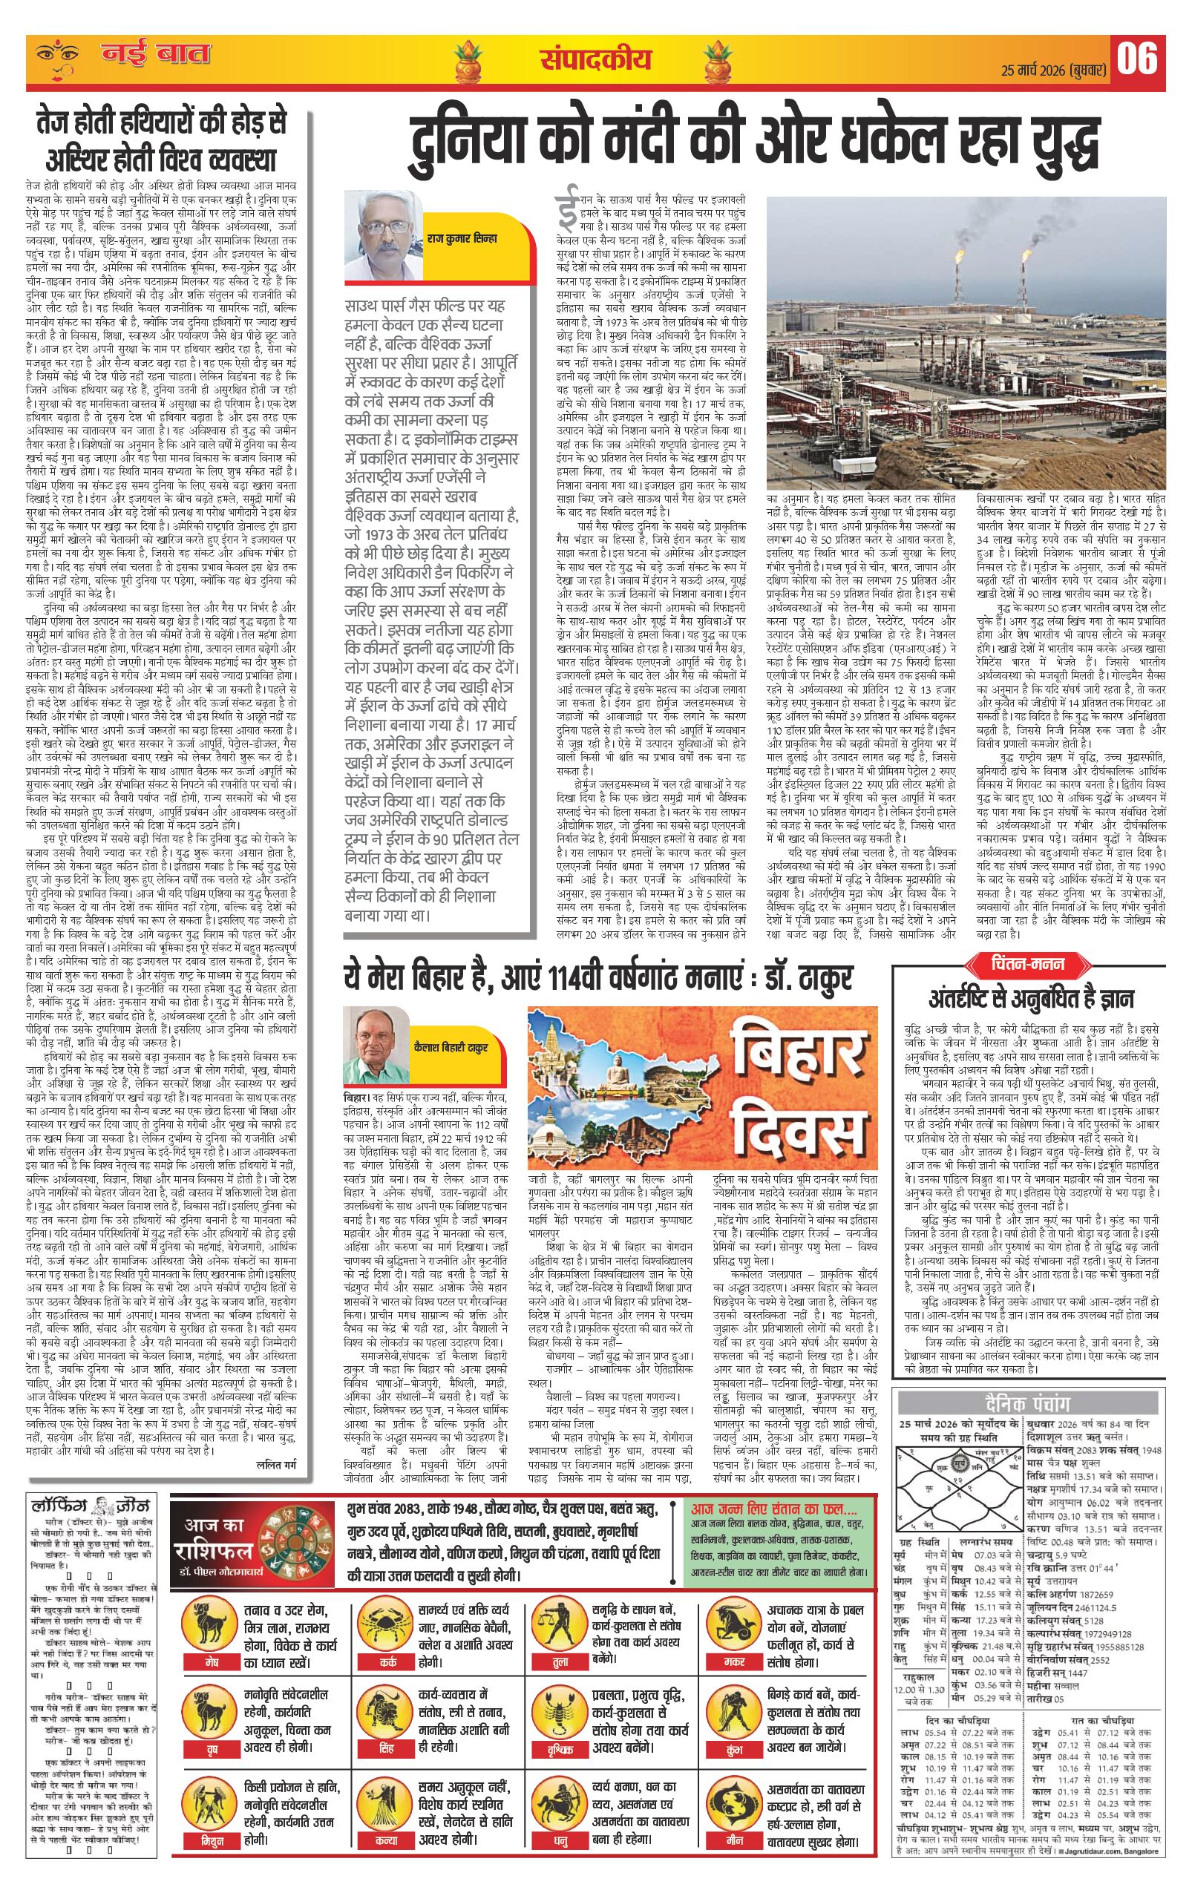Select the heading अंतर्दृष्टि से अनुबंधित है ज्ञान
[x=1031, y=998]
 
